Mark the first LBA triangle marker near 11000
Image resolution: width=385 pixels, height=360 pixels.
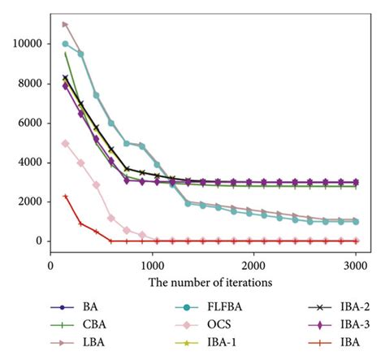66,24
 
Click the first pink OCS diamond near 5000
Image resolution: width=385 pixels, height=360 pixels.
66,143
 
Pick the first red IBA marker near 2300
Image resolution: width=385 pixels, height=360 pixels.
66,196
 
